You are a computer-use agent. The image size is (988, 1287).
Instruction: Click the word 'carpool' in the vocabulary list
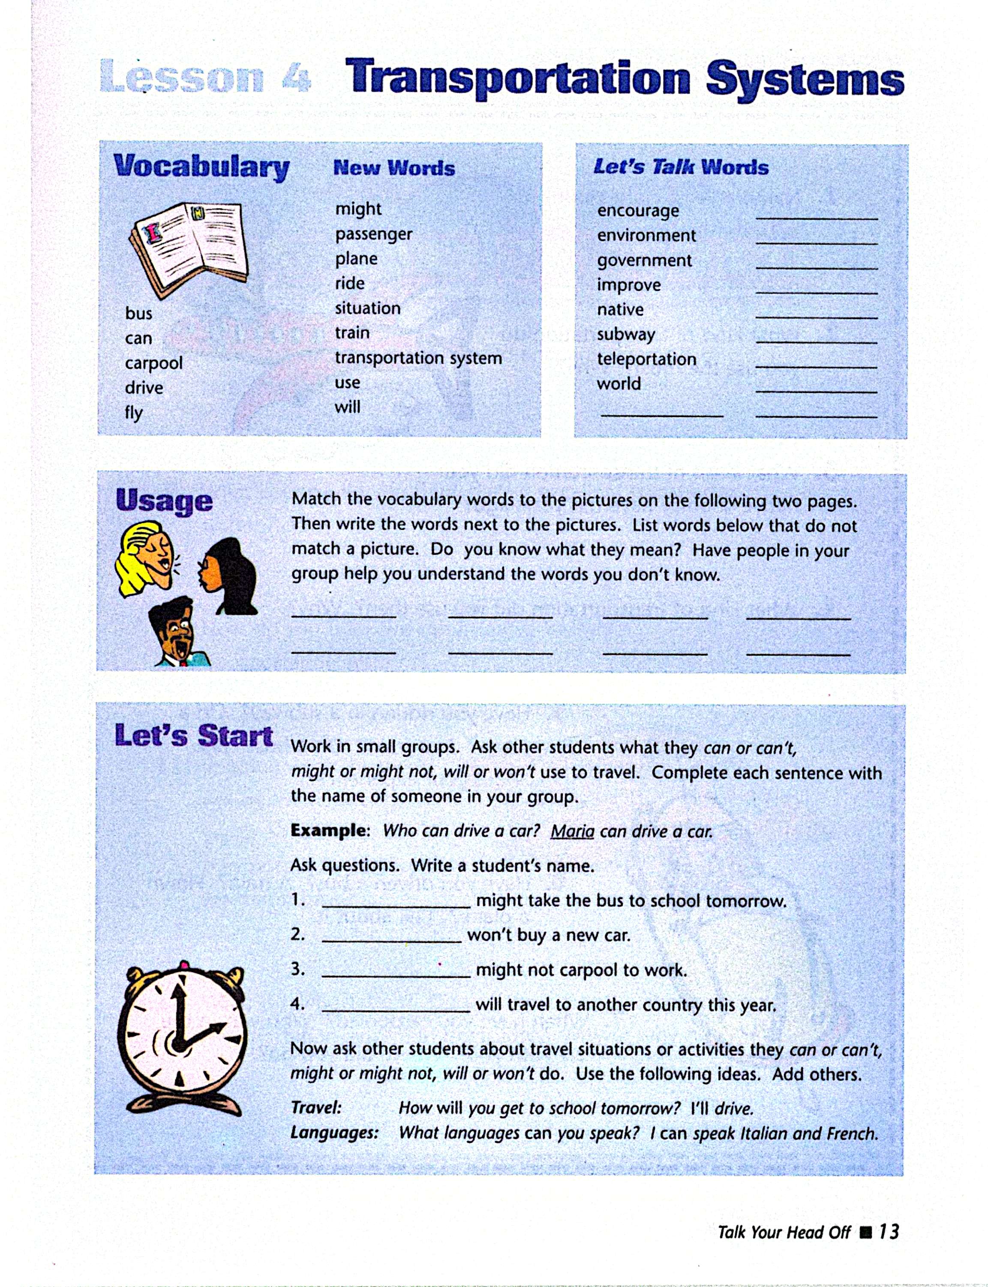coord(153,363)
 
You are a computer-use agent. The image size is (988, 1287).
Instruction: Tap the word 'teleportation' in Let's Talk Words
coord(646,359)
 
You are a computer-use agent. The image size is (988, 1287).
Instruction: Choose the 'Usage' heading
coord(164,502)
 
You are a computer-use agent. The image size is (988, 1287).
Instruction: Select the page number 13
coord(889,1232)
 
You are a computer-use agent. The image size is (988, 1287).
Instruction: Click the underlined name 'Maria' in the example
coord(572,831)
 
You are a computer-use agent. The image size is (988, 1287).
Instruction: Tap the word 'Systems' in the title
coord(805,80)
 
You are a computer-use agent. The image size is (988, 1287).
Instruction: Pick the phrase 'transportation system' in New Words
coord(418,358)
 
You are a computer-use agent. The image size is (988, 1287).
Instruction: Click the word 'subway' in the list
coord(626,334)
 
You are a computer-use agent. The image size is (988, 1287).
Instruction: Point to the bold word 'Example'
coord(328,831)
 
